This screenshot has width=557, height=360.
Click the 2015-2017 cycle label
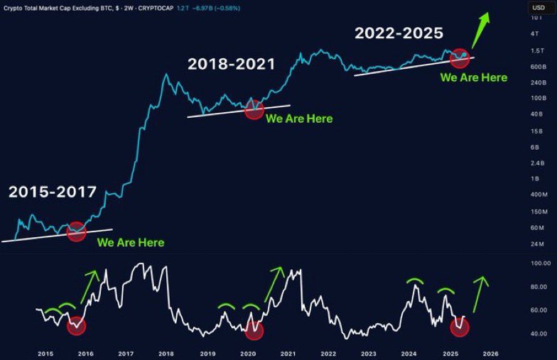pyautogui.click(x=53, y=192)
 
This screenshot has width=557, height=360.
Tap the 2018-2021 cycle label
pyautogui.click(x=231, y=64)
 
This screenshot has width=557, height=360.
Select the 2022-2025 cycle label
pyautogui.click(x=399, y=33)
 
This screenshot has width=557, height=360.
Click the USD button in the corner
pyautogui.click(x=538, y=7)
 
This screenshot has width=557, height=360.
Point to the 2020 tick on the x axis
pyautogui.click(x=248, y=353)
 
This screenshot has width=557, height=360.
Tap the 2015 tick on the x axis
pyautogui.click(x=46, y=353)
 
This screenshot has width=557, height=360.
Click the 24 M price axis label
pyautogui.click(x=538, y=244)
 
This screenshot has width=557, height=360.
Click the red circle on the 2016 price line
pyautogui.click(x=76, y=231)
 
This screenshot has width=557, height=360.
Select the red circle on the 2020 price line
pyautogui.click(x=254, y=109)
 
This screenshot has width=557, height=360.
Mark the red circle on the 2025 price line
pyautogui.click(x=460, y=59)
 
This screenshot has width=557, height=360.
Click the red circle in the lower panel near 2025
pyautogui.click(x=460, y=327)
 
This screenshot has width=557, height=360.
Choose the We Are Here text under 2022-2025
pyautogui.click(x=474, y=77)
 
